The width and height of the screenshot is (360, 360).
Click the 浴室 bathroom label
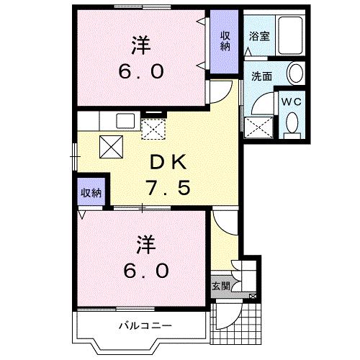(x=259, y=36)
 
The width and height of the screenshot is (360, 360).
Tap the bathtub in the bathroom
(x=290, y=35)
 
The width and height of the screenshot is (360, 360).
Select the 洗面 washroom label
(x=261, y=76)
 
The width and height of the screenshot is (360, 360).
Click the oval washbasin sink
(x=296, y=73)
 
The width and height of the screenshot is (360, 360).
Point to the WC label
(x=292, y=102)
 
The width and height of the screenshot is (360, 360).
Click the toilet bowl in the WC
(x=292, y=123)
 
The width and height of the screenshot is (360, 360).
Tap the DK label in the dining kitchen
(x=168, y=162)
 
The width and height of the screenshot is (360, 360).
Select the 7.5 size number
(x=168, y=187)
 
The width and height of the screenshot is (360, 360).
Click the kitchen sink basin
(x=125, y=121)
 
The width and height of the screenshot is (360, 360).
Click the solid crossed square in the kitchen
(x=111, y=147)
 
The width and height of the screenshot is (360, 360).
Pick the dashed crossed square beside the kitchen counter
(x=153, y=129)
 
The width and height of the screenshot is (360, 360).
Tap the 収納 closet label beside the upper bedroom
(x=225, y=41)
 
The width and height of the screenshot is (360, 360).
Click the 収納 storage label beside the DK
(x=91, y=192)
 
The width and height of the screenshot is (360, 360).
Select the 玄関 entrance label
(x=221, y=286)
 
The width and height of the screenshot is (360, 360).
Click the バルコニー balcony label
(x=145, y=325)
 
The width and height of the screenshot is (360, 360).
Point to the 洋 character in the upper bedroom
(x=141, y=45)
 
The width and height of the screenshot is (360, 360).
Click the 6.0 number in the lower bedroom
(x=146, y=271)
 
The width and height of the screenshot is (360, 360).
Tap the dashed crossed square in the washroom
(x=258, y=127)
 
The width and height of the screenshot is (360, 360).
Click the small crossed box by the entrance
(x=253, y=297)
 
